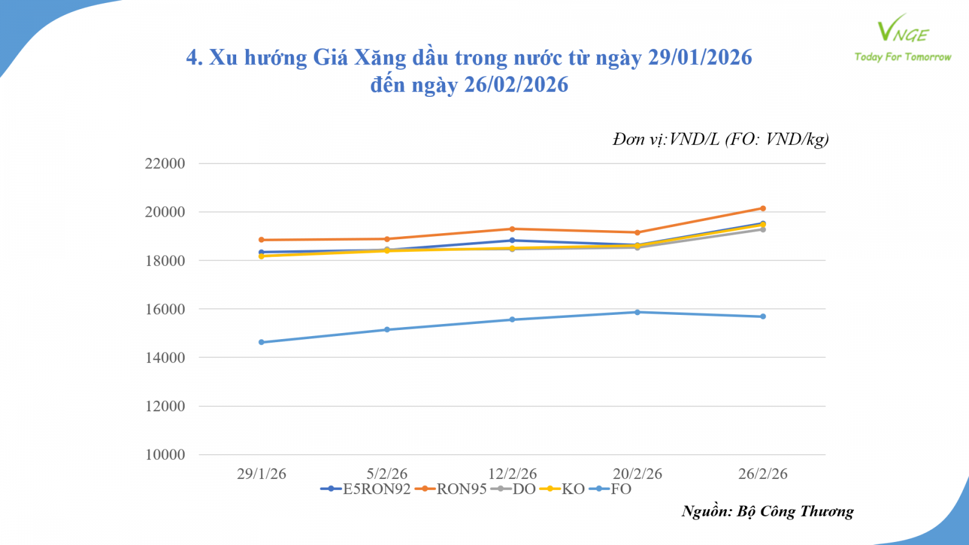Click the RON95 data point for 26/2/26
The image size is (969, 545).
[x=763, y=208]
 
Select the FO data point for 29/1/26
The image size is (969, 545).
[x=262, y=342]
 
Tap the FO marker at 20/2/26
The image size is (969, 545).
[x=637, y=312]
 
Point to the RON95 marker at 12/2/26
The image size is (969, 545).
[x=512, y=229]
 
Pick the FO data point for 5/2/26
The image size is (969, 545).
[x=387, y=329]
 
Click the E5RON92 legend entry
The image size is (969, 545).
[x=366, y=489]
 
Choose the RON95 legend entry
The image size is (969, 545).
[x=451, y=489]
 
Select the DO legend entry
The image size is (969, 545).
[x=514, y=489]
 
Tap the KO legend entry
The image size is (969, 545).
[x=563, y=489]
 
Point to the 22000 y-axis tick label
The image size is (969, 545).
[x=165, y=163]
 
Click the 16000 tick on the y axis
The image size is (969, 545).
[x=165, y=309]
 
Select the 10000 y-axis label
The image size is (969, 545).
[x=165, y=455]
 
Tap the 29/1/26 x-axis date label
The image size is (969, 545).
[x=262, y=474]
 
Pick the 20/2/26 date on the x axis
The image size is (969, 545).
[x=637, y=474]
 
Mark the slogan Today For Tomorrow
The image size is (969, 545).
[x=902, y=57]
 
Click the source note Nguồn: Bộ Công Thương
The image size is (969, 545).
[x=767, y=512]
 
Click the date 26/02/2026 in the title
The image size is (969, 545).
[x=516, y=85]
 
